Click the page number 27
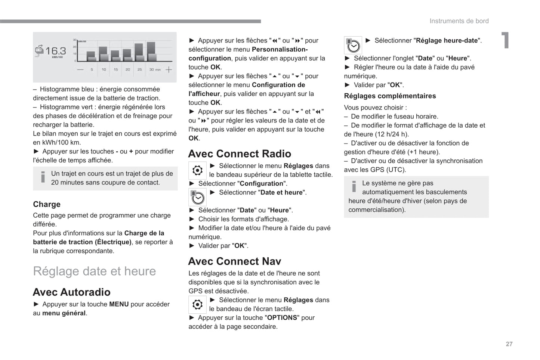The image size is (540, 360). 509,344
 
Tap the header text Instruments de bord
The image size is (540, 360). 459,21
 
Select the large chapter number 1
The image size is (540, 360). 505,40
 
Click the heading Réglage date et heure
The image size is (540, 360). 94,271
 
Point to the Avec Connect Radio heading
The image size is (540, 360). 240,154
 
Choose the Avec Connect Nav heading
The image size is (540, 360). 235,261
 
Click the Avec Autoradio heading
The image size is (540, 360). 71,292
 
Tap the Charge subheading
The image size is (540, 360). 47,204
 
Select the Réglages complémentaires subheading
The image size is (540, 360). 390,96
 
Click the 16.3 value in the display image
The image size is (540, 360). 56,50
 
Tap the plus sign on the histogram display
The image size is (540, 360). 169,69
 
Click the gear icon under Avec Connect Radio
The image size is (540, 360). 197,171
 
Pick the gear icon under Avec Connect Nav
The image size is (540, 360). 197,305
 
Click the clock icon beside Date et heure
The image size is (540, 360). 197,197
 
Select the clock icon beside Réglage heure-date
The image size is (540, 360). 353,45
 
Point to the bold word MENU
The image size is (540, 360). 119,304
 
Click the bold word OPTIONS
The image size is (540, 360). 282,318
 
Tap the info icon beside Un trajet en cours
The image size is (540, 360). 43,177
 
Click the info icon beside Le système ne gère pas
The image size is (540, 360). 354,186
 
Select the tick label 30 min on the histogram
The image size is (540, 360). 155,69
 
